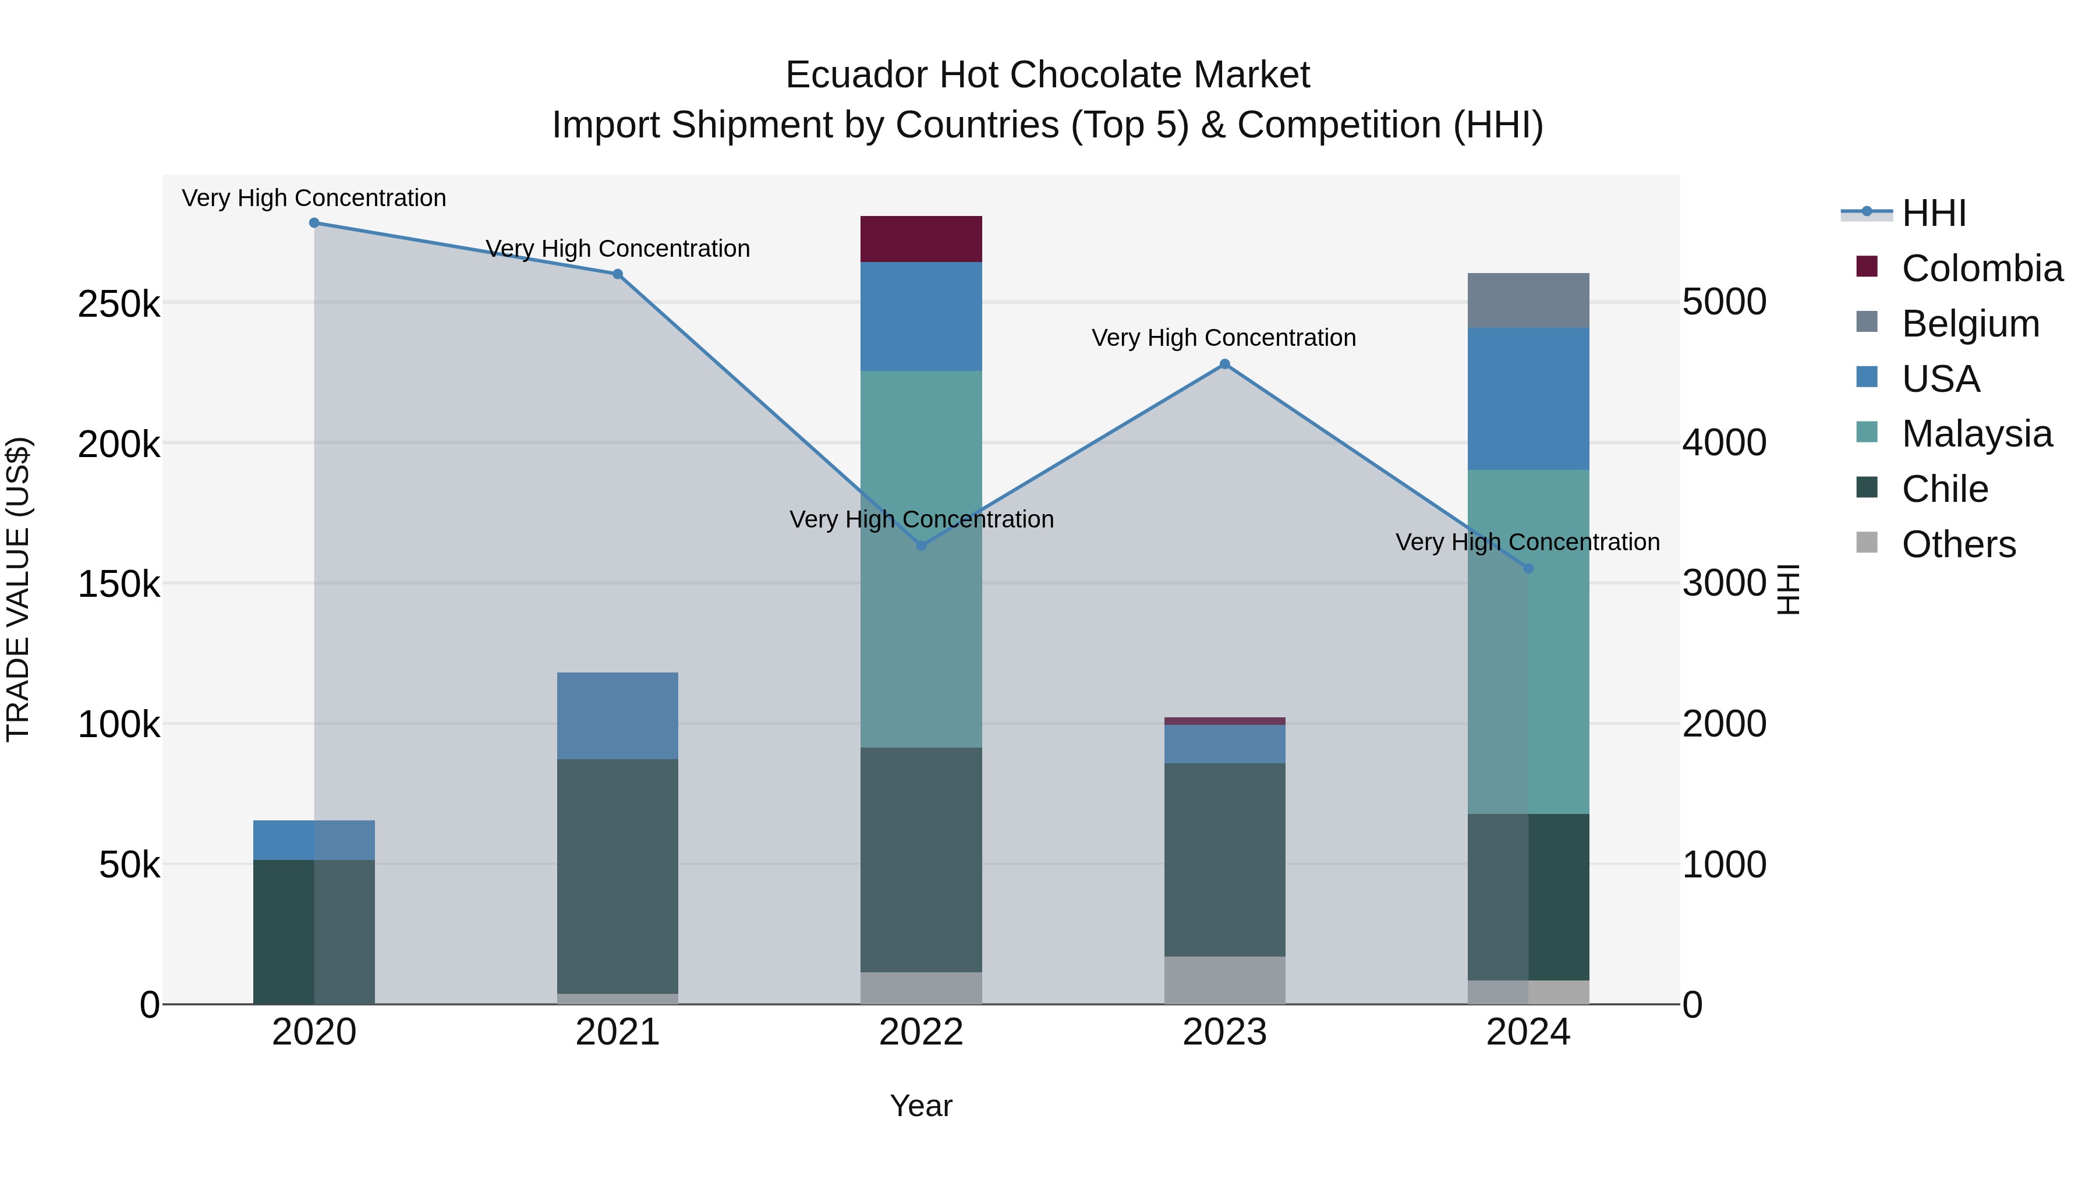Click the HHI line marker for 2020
click(314, 223)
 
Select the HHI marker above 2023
click(1224, 364)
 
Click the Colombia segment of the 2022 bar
click(921, 239)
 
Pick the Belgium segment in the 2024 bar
click(1528, 301)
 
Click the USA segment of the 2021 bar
click(618, 716)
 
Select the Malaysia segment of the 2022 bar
click(921, 559)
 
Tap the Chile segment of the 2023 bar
click(1224, 859)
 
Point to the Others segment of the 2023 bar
click(1224, 980)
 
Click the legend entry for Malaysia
click(1977, 434)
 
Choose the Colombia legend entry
click(1982, 268)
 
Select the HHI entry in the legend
click(1933, 213)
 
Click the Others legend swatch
click(1867, 543)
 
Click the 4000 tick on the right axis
click(1724, 444)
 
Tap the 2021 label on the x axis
click(618, 1032)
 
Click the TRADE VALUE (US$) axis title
click(19, 589)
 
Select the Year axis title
click(921, 1106)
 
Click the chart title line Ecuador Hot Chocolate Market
click(1047, 75)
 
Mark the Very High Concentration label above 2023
click(1224, 338)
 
